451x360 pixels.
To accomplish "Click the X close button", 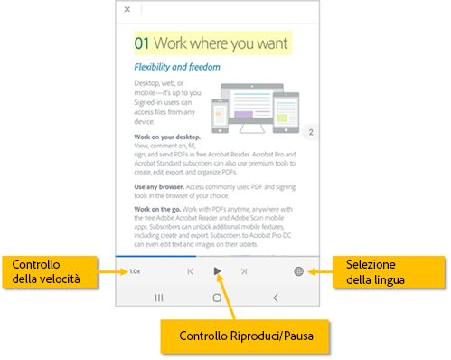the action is click(x=127, y=9).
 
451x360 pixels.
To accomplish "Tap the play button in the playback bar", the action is click(x=217, y=271).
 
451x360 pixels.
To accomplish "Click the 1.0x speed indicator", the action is click(x=135, y=271).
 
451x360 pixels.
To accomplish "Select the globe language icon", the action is click(x=298, y=271).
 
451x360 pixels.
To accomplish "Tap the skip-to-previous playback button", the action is click(x=190, y=271).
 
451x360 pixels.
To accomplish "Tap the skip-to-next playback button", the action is click(x=244, y=271).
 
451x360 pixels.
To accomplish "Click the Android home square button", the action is click(x=217, y=298).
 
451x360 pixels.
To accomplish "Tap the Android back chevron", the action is click(x=276, y=298).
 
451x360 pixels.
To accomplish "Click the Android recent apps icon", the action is click(x=159, y=298).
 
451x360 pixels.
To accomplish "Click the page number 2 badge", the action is click(x=311, y=132).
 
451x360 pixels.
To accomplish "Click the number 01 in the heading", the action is click(x=142, y=43).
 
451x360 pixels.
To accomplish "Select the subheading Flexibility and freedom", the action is click(x=177, y=67).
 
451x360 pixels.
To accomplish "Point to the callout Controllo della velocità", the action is click(x=50, y=271).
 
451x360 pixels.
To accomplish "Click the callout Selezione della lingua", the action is click(x=389, y=272).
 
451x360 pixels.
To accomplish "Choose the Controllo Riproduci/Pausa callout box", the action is click(x=245, y=336).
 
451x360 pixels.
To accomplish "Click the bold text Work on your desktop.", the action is click(x=167, y=137).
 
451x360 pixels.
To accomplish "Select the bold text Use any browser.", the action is click(x=159, y=187).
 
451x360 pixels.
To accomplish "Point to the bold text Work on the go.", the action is click(x=157, y=209).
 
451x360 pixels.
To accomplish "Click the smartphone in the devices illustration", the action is click(x=220, y=116).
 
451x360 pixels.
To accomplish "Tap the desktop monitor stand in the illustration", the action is click(x=252, y=128).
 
